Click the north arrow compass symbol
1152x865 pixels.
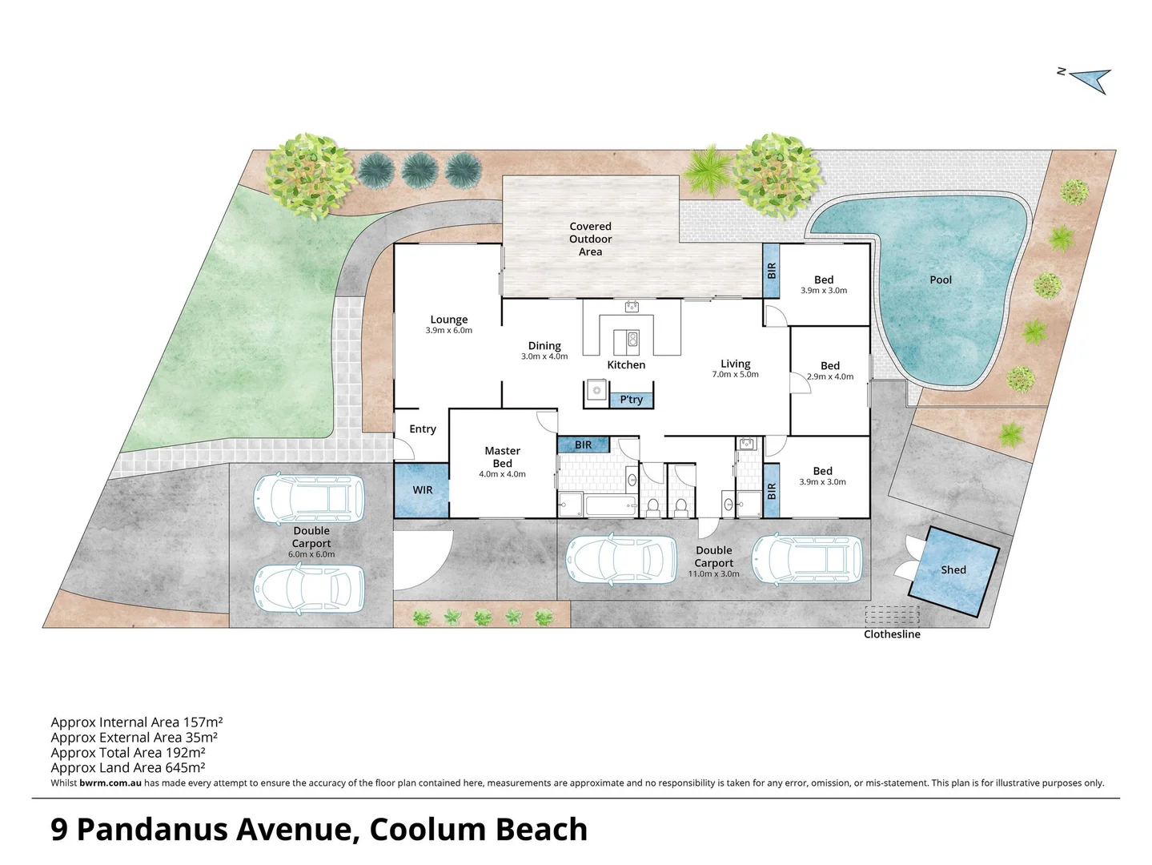pos(1090,79)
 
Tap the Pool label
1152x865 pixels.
pos(941,280)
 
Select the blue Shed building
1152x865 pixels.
pos(953,570)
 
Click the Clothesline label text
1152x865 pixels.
pos(892,634)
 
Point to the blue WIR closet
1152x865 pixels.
pos(422,490)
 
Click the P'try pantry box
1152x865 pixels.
pos(631,400)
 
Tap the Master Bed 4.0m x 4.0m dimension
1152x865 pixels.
pos(502,474)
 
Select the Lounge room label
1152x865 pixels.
pos(448,320)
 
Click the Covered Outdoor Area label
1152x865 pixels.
pos(590,239)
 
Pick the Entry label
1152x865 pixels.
pos(422,429)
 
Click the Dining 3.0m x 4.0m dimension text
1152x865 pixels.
pos(544,356)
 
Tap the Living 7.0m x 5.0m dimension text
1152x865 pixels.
pos(735,374)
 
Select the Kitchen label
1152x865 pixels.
pos(626,365)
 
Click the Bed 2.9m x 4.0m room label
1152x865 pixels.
pos(830,366)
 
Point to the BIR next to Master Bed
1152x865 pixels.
pos(583,445)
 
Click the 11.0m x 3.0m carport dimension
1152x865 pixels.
pos(713,574)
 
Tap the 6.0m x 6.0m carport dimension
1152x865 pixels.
pos(311,554)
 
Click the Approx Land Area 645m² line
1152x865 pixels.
pos(128,768)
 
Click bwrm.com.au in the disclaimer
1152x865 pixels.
pos(110,783)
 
